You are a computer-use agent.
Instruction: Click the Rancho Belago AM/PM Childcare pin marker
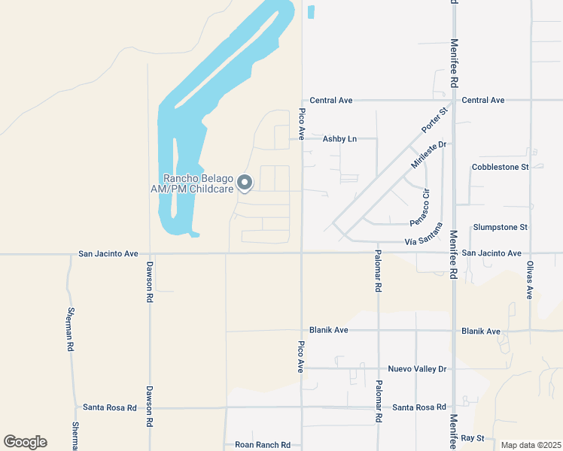(245, 183)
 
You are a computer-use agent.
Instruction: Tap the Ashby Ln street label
(339, 138)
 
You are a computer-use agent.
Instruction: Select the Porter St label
(434, 121)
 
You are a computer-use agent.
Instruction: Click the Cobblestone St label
(501, 166)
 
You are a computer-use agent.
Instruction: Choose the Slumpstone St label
(501, 226)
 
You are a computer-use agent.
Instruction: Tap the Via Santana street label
(421, 241)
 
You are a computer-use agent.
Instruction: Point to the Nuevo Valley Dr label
(417, 368)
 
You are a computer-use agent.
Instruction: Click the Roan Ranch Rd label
(263, 444)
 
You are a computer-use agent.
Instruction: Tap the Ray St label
(472, 437)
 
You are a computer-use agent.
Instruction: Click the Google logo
(25, 442)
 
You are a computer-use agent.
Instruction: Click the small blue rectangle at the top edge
(312, 12)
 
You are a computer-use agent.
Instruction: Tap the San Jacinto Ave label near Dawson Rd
(108, 254)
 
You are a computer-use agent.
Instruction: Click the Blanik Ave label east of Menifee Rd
(481, 331)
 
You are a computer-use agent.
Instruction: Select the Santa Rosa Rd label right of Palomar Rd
(419, 407)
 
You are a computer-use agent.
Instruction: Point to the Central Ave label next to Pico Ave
(331, 100)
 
